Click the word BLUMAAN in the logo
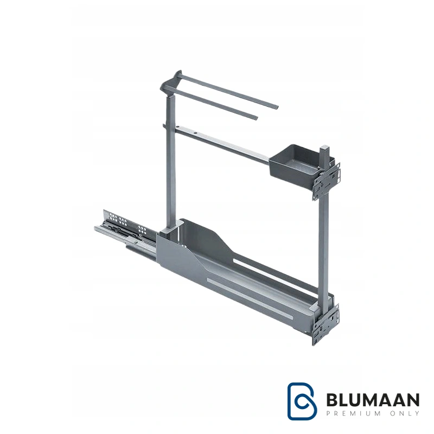pos(373,400)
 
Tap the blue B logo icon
pos(302,401)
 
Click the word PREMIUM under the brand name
pos(354,413)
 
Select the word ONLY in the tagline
pos(404,413)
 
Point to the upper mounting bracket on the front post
pos(327,181)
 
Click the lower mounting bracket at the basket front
pos(326,324)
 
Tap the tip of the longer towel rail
pos(276,107)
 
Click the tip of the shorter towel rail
pos(256,118)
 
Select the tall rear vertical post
pos(171,161)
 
